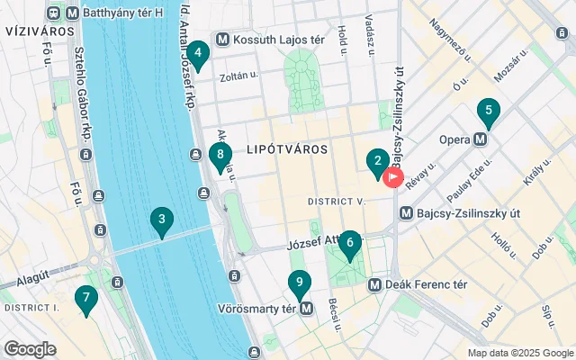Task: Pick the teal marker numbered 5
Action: pyautogui.click(x=488, y=113)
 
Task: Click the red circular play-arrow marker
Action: pyautogui.click(x=393, y=177)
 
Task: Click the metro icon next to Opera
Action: pyautogui.click(x=481, y=139)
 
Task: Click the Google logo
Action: pyautogui.click(x=30, y=349)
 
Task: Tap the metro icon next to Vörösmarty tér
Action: pyautogui.click(x=308, y=308)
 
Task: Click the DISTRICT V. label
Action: pyautogui.click(x=335, y=201)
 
